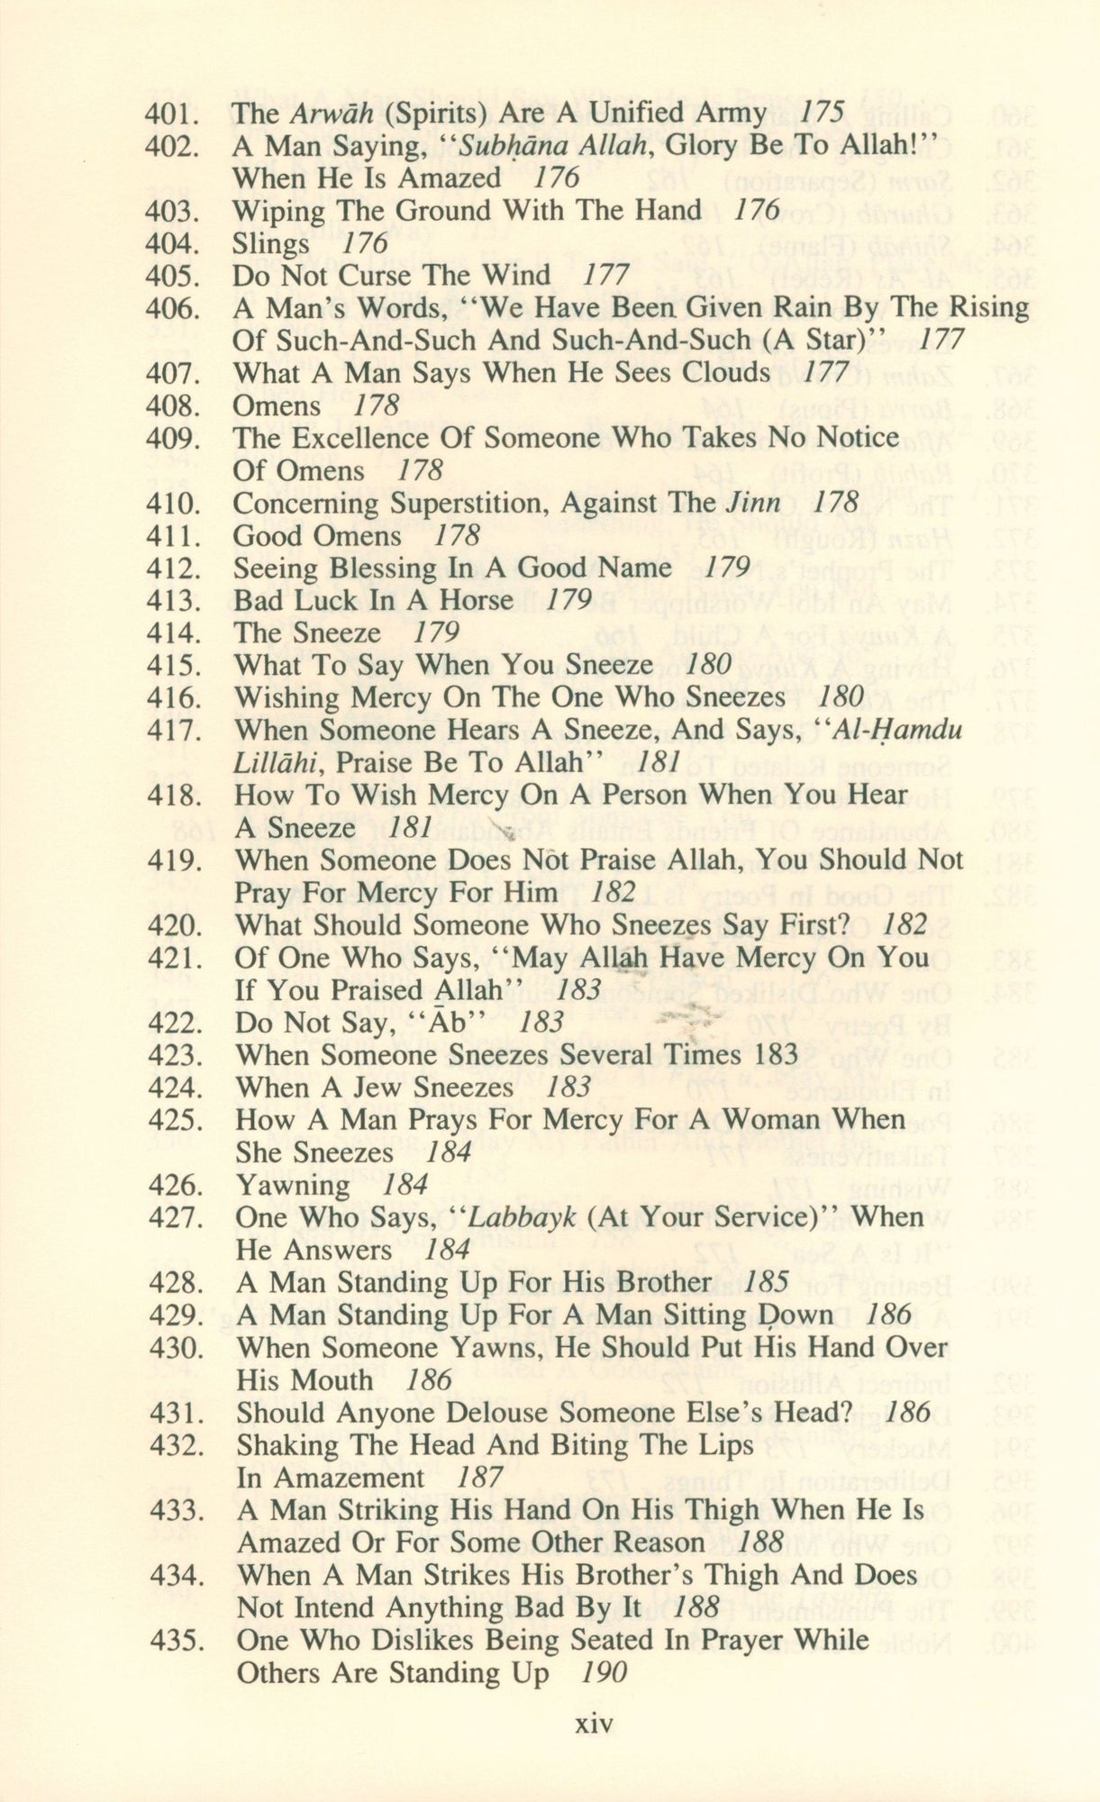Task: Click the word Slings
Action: [x=270, y=244]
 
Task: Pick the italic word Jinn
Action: [x=753, y=504]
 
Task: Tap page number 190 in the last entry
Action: [x=603, y=1673]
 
